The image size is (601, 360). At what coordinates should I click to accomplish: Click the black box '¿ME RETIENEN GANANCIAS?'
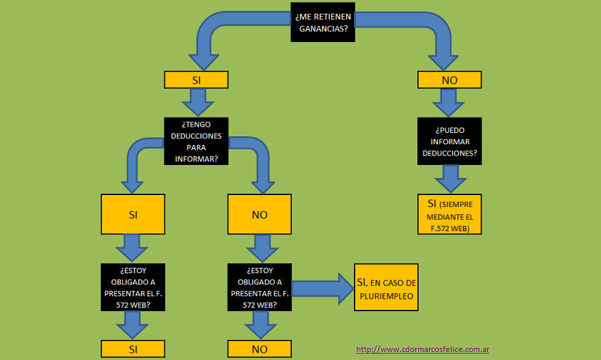click(x=322, y=21)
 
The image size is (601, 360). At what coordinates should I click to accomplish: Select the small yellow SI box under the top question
click(x=196, y=80)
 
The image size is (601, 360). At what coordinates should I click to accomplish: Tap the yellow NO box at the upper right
click(x=449, y=80)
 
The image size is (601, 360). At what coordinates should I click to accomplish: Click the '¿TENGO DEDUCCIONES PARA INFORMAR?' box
click(x=196, y=142)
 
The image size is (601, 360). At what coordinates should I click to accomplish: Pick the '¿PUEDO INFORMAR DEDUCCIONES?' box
click(x=449, y=142)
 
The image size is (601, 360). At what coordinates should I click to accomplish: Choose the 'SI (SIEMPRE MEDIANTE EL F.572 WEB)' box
click(x=449, y=214)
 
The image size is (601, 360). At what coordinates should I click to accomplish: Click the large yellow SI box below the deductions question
click(x=132, y=214)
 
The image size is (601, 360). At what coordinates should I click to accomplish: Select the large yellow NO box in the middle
click(x=259, y=214)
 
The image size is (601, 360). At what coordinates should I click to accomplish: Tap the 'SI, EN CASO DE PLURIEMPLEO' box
click(x=386, y=287)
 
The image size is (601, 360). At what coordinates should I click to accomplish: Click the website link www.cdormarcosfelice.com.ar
click(x=423, y=349)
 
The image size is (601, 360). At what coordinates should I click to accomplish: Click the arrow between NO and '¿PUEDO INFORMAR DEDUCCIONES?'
click(x=449, y=102)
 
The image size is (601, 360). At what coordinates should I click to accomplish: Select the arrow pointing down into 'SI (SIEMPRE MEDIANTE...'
click(x=449, y=178)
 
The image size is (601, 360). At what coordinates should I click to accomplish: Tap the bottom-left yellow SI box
click(x=132, y=349)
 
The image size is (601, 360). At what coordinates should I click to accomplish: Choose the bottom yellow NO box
click(x=259, y=349)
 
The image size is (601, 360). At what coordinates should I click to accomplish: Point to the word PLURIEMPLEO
click(x=385, y=295)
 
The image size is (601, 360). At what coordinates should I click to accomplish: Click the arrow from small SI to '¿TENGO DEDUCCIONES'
click(x=196, y=102)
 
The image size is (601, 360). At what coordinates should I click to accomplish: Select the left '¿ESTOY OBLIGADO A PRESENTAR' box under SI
click(x=132, y=287)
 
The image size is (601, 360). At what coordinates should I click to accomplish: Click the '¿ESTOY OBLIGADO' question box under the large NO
click(x=259, y=287)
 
